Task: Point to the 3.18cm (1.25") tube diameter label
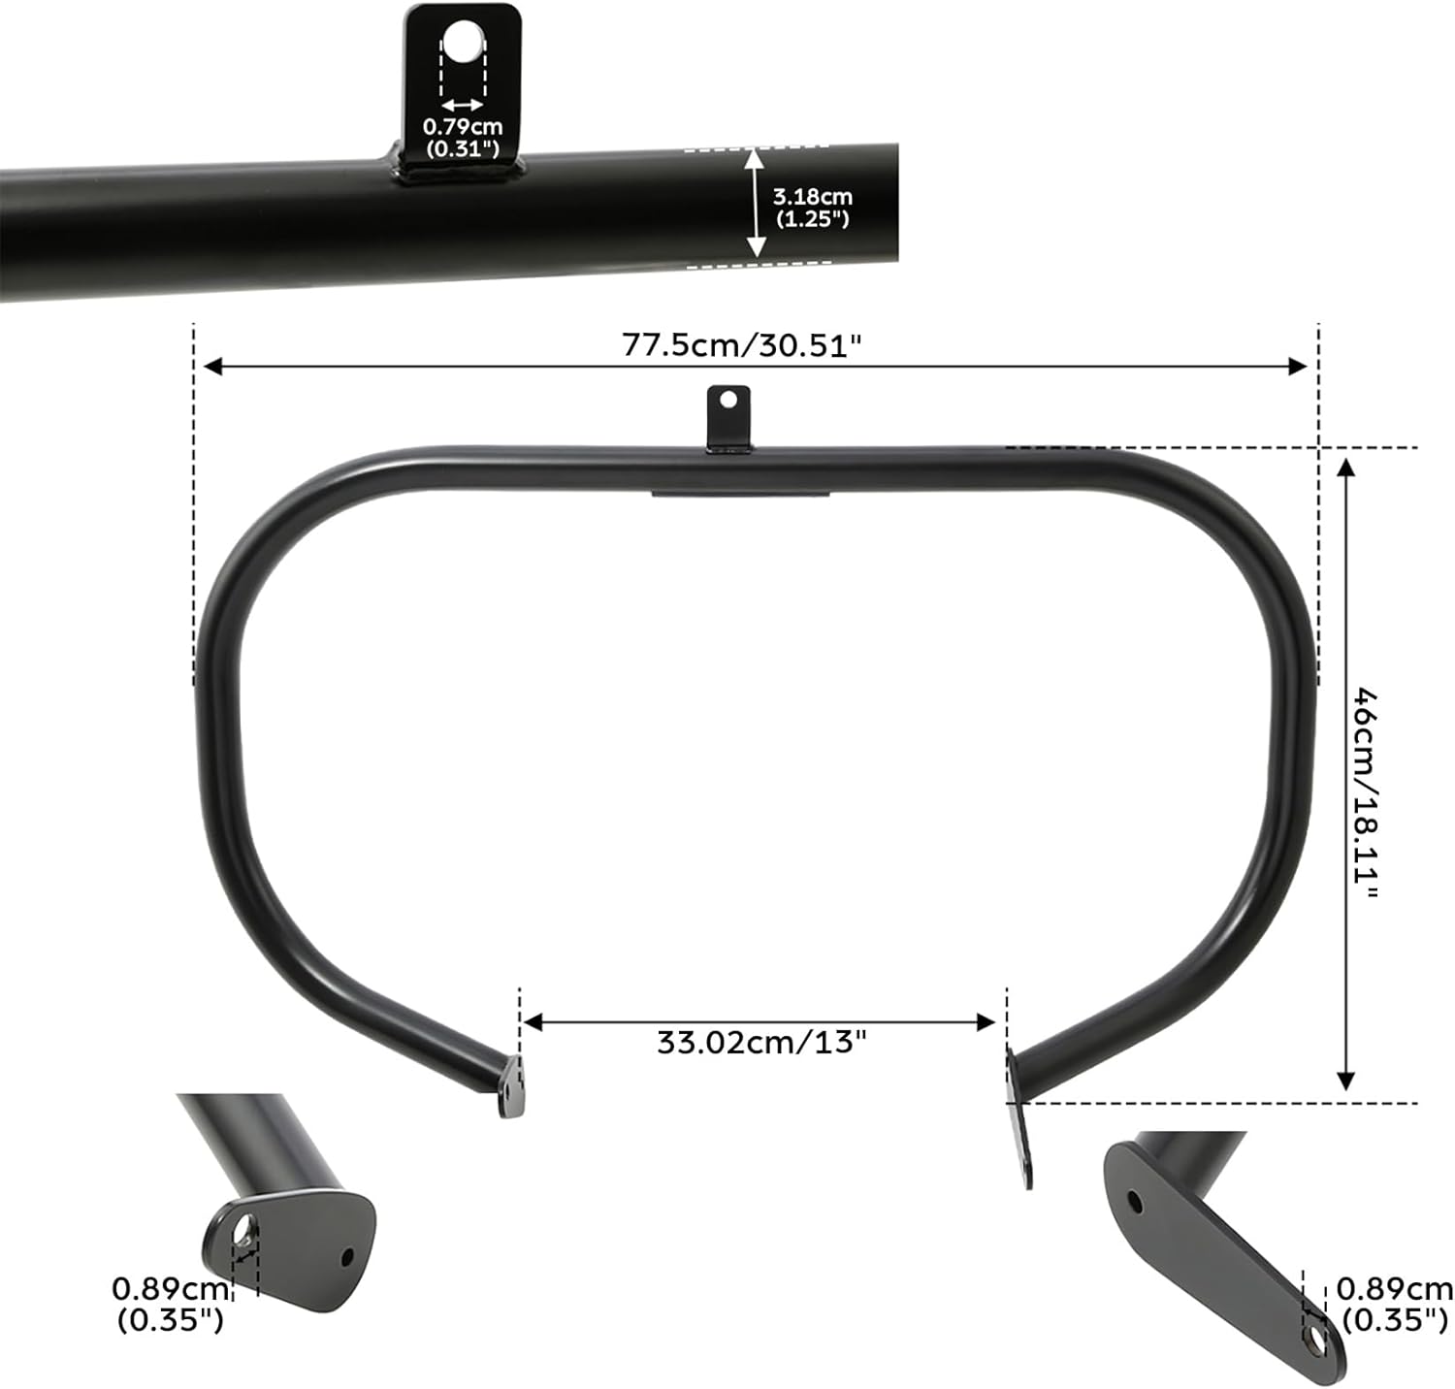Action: [x=812, y=208]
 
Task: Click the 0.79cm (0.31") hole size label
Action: [x=463, y=137]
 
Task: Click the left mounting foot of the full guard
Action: [x=512, y=1087]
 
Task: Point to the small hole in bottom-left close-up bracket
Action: [x=346, y=1258]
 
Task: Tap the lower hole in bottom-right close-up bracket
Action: [x=1316, y=1341]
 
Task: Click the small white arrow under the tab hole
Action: [x=463, y=105]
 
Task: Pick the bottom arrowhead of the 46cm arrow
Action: [x=1345, y=1081]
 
